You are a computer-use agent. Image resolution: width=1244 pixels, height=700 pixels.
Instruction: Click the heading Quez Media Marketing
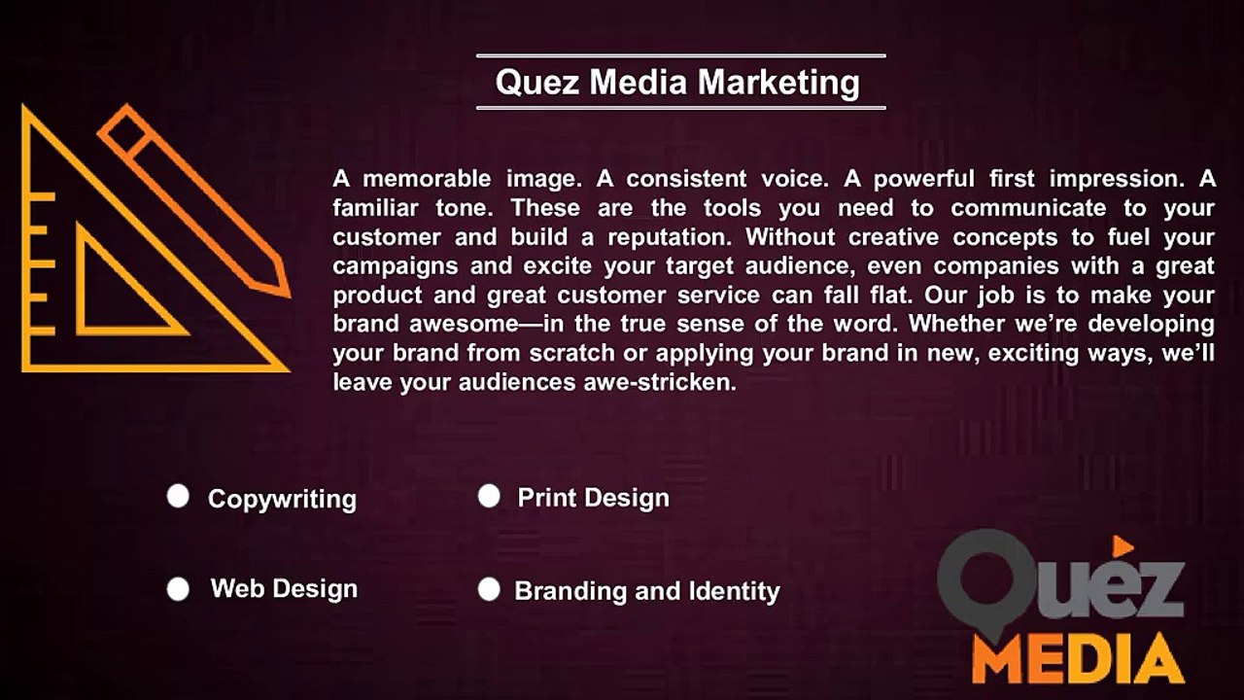pos(677,82)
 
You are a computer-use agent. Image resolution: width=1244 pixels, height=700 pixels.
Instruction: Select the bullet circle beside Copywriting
pos(178,497)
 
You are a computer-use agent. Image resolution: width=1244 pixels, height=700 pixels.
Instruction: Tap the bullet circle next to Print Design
pos(489,497)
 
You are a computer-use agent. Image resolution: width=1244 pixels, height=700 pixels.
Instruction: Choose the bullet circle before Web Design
pos(178,589)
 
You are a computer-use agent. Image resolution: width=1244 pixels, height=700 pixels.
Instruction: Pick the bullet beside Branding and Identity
pos(489,589)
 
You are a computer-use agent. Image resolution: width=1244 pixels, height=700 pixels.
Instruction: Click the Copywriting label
pos(282,499)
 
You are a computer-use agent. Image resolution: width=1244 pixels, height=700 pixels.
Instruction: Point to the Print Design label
pos(593,498)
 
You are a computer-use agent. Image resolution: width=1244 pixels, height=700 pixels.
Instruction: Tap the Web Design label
pos(284,589)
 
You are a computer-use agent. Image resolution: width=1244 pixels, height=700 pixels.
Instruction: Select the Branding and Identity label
pos(646,591)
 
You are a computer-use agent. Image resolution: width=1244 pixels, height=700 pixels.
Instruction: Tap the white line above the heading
pos(680,56)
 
